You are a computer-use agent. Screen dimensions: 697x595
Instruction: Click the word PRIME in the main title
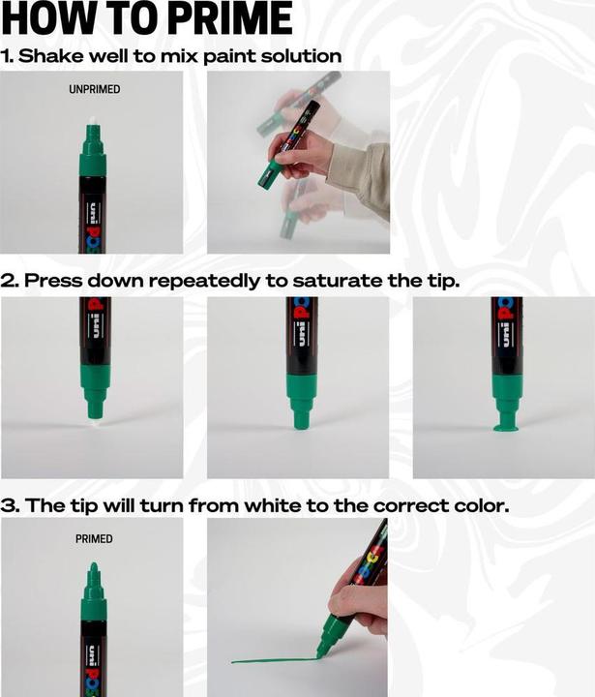coord(224,19)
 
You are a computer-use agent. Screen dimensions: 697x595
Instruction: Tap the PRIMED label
coord(93,539)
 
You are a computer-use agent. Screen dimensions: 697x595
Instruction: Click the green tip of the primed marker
coord(93,573)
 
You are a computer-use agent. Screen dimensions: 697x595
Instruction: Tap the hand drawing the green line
coord(361,605)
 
